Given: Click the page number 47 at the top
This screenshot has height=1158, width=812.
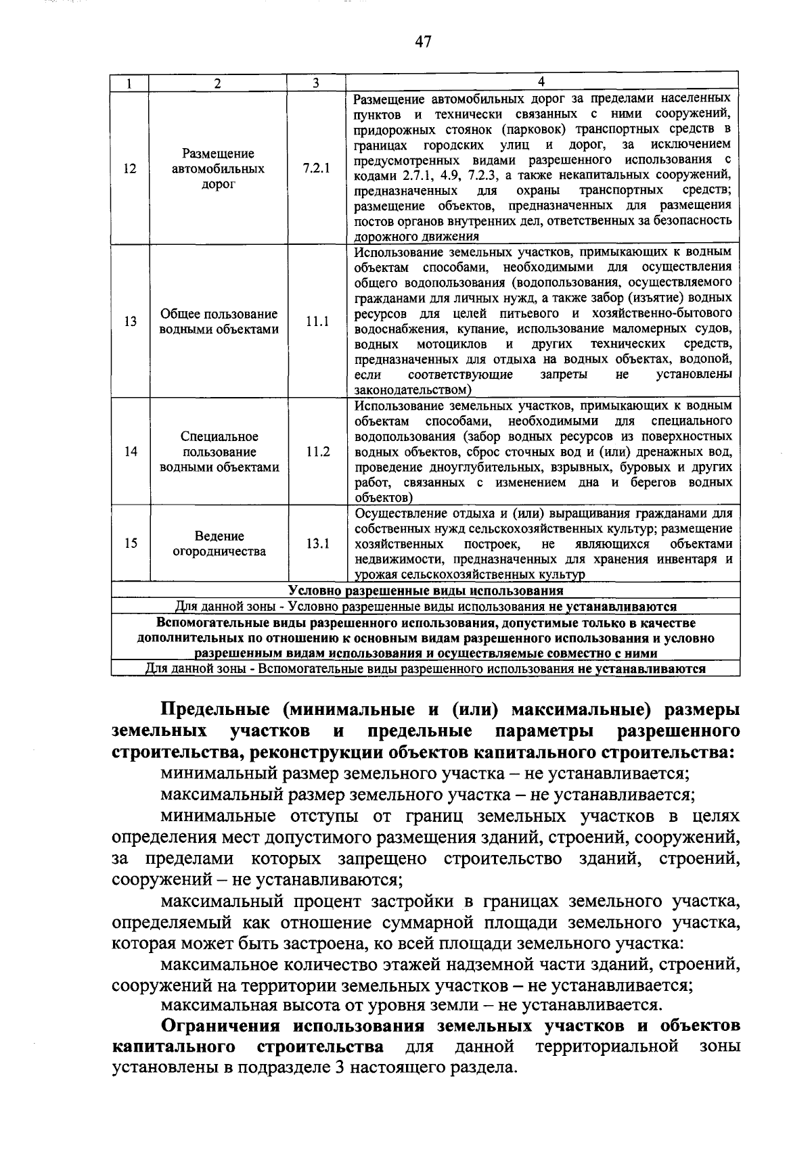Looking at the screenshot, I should (423, 42).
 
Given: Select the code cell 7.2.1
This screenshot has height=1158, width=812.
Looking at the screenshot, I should (317, 168).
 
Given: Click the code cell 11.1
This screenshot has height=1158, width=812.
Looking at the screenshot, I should (317, 322).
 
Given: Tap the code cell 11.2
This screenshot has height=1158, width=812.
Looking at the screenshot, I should (317, 452).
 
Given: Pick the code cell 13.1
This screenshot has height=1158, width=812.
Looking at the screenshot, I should (317, 543).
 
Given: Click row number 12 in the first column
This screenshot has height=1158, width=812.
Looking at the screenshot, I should (131, 168).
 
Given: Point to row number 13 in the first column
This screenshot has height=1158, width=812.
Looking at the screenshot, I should (131, 322).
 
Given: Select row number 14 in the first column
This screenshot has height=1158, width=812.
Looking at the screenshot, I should (131, 452).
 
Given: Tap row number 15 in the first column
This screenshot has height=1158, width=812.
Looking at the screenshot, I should (131, 543).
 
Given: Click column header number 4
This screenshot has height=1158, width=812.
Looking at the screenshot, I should (541, 83).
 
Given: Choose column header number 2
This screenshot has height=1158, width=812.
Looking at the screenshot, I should (217, 83).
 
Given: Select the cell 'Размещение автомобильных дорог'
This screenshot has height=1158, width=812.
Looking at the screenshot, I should (218, 168).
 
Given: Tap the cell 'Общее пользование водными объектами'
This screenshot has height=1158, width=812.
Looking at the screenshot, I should (219, 322).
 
